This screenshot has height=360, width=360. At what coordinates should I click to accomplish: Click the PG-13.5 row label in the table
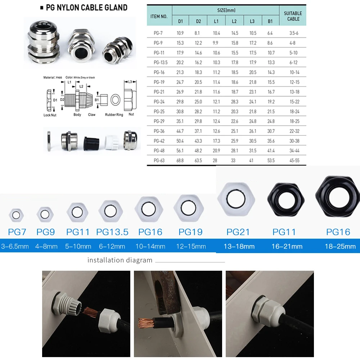pos(159,62)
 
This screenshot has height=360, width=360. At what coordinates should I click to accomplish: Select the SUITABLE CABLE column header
pos(293,16)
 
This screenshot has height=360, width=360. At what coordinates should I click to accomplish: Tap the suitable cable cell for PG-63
pos(293,160)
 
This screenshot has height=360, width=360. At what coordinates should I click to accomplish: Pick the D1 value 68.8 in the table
pos(180,160)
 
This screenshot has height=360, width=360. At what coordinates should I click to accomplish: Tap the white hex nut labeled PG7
pos(16,215)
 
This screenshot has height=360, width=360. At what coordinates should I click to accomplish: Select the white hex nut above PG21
pos(236,199)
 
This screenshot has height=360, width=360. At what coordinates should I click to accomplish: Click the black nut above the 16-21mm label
pos(284,199)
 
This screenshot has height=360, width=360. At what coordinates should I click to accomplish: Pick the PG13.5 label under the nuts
pos(112,232)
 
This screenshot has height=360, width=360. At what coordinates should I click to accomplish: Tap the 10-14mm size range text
pos(150,247)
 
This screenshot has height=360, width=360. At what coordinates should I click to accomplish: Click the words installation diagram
pos(120,260)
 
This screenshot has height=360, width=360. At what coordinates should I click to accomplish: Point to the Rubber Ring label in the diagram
pos(114,114)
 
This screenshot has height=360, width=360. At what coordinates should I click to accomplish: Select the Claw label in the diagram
pos(92,114)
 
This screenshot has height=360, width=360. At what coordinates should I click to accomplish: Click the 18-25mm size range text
pos(340,247)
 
